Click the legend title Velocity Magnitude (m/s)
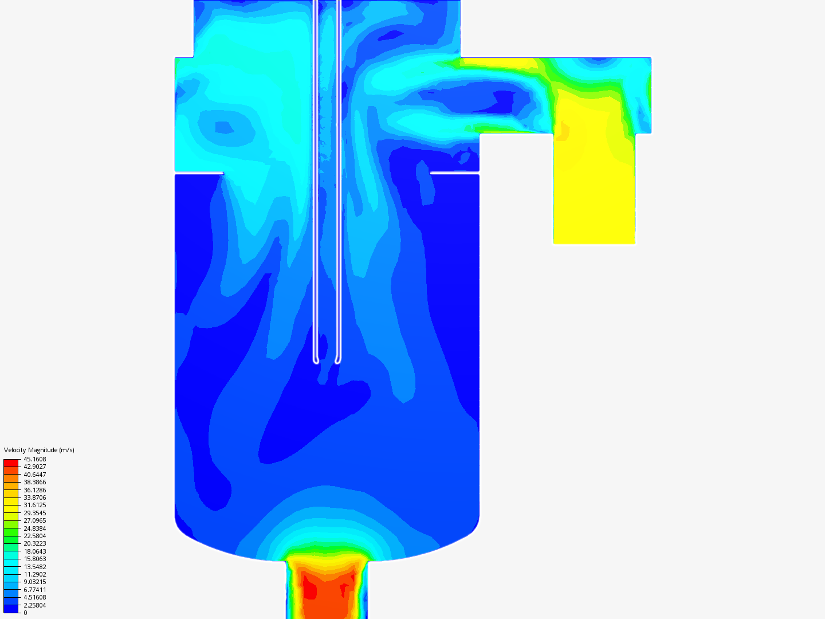[39, 450]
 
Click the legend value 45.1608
[34, 459]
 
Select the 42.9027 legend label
[34, 467]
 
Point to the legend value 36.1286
[34, 490]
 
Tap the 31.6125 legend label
[34, 505]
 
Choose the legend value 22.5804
[34, 536]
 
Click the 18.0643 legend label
[34, 551]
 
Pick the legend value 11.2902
[34, 574]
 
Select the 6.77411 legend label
[34, 590]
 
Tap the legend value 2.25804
[34, 605]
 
